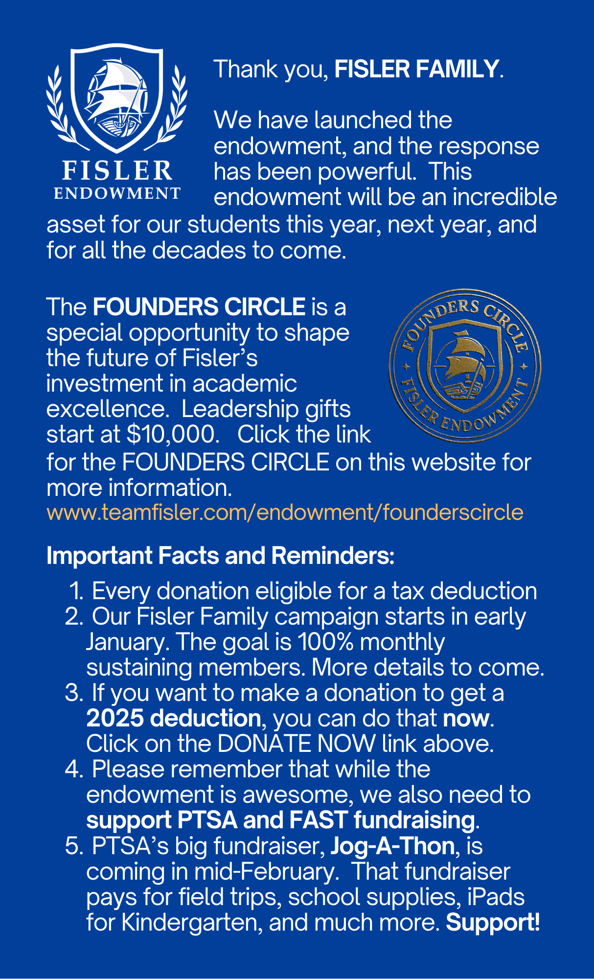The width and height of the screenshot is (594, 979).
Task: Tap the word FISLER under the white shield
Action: (x=117, y=171)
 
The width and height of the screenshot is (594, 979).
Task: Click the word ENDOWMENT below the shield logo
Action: (x=117, y=193)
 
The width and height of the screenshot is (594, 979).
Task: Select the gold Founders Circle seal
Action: (x=464, y=366)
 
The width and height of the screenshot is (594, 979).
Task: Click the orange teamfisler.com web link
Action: (x=285, y=513)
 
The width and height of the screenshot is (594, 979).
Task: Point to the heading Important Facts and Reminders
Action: (x=220, y=556)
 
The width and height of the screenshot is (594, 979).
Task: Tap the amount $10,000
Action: (x=171, y=434)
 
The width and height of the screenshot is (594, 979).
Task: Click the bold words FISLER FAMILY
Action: (x=416, y=69)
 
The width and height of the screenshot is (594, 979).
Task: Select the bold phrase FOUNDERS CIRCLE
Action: (x=199, y=307)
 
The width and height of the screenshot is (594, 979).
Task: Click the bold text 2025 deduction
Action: (x=174, y=718)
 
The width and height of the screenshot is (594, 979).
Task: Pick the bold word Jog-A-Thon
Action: (x=392, y=845)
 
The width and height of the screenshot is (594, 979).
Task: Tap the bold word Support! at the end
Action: (x=493, y=922)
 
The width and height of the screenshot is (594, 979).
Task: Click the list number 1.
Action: (x=77, y=591)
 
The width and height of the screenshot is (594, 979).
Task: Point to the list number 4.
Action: (x=73, y=769)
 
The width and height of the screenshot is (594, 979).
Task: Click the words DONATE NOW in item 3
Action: (x=297, y=744)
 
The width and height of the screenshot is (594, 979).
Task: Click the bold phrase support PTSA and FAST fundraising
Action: (x=280, y=820)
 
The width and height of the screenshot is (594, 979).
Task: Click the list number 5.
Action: (x=73, y=845)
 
